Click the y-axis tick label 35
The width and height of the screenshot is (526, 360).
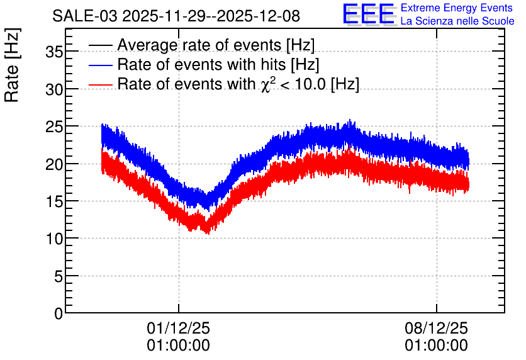click(x=53, y=52)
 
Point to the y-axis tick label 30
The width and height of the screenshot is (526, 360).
click(x=53, y=89)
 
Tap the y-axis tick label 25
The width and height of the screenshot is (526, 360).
click(x=53, y=127)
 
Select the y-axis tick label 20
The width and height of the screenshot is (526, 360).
click(x=53, y=164)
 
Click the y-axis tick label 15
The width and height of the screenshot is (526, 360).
click(x=53, y=201)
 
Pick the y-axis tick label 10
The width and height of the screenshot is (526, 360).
click(x=53, y=239)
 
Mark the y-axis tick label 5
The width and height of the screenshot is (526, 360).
click(x=57, y=276)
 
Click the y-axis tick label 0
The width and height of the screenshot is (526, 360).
click(x=58, y=313)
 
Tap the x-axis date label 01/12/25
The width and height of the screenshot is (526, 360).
click(x=179, y=328)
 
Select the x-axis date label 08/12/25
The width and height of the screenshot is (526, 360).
click(x=436, y=328)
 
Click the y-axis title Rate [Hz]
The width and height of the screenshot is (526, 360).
click(x=13, y=65)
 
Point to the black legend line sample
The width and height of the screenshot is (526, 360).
click(x=101, y=45)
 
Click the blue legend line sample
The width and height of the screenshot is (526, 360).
click(x=101, y=65)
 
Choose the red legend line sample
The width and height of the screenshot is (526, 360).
click(x=101, y=84)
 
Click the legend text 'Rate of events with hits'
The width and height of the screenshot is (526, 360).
click(x=201, y=64)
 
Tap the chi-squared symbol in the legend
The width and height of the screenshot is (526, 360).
click(x=266, y=84)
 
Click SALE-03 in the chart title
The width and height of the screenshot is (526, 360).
click(x=85, y=16)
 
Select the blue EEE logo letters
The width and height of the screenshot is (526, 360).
click(x=368, y=13)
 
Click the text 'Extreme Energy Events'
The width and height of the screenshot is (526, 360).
click(x=456, y=8)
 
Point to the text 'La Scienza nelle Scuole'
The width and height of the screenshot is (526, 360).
click(x=457, y=21)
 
